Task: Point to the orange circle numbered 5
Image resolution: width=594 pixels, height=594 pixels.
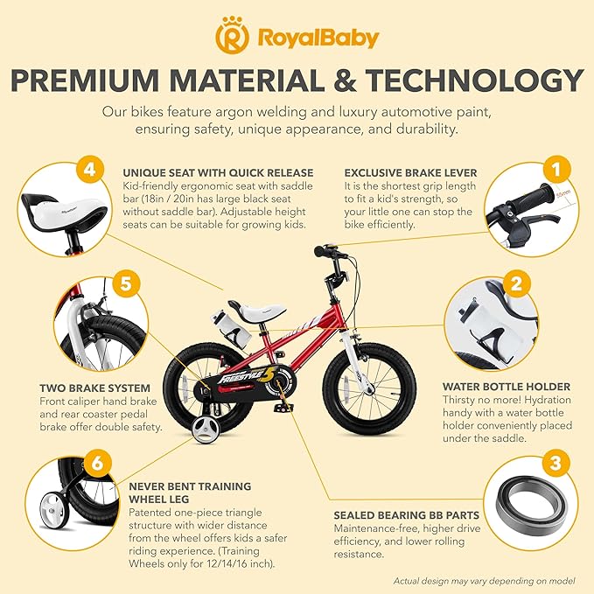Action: coord(126,283)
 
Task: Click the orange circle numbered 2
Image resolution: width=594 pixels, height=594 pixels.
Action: coord(517,283)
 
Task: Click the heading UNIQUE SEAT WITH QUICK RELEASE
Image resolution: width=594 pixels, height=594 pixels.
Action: coord(206,172)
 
